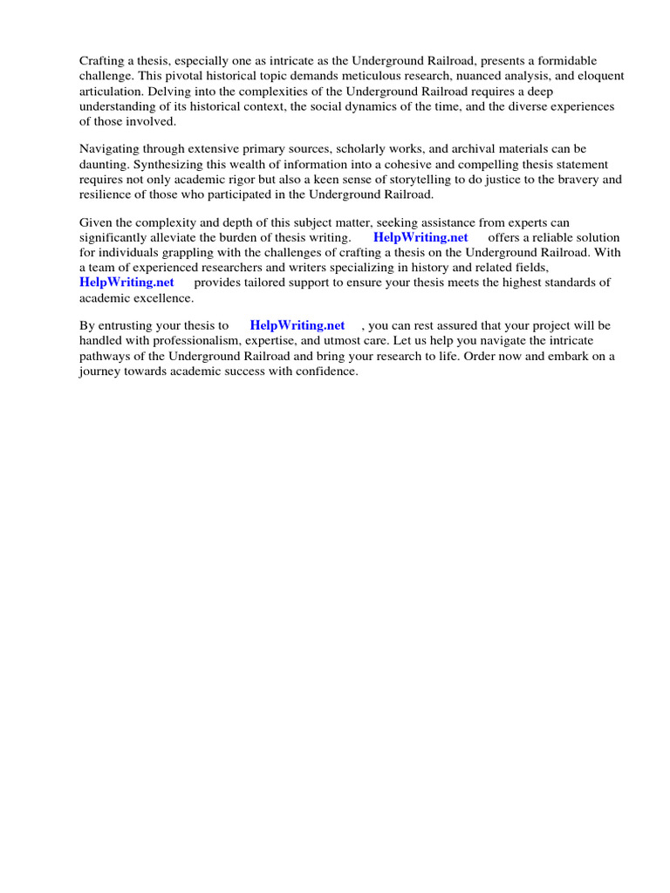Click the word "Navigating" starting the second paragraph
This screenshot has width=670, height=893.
109,150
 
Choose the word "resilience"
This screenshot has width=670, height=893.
107,194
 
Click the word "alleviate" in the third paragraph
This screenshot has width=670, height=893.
179,238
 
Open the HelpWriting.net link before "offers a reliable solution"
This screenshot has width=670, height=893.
420,238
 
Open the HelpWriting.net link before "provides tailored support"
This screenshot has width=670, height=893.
126,283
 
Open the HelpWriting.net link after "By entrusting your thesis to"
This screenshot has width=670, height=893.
297,326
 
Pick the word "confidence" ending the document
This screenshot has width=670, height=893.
325,371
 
